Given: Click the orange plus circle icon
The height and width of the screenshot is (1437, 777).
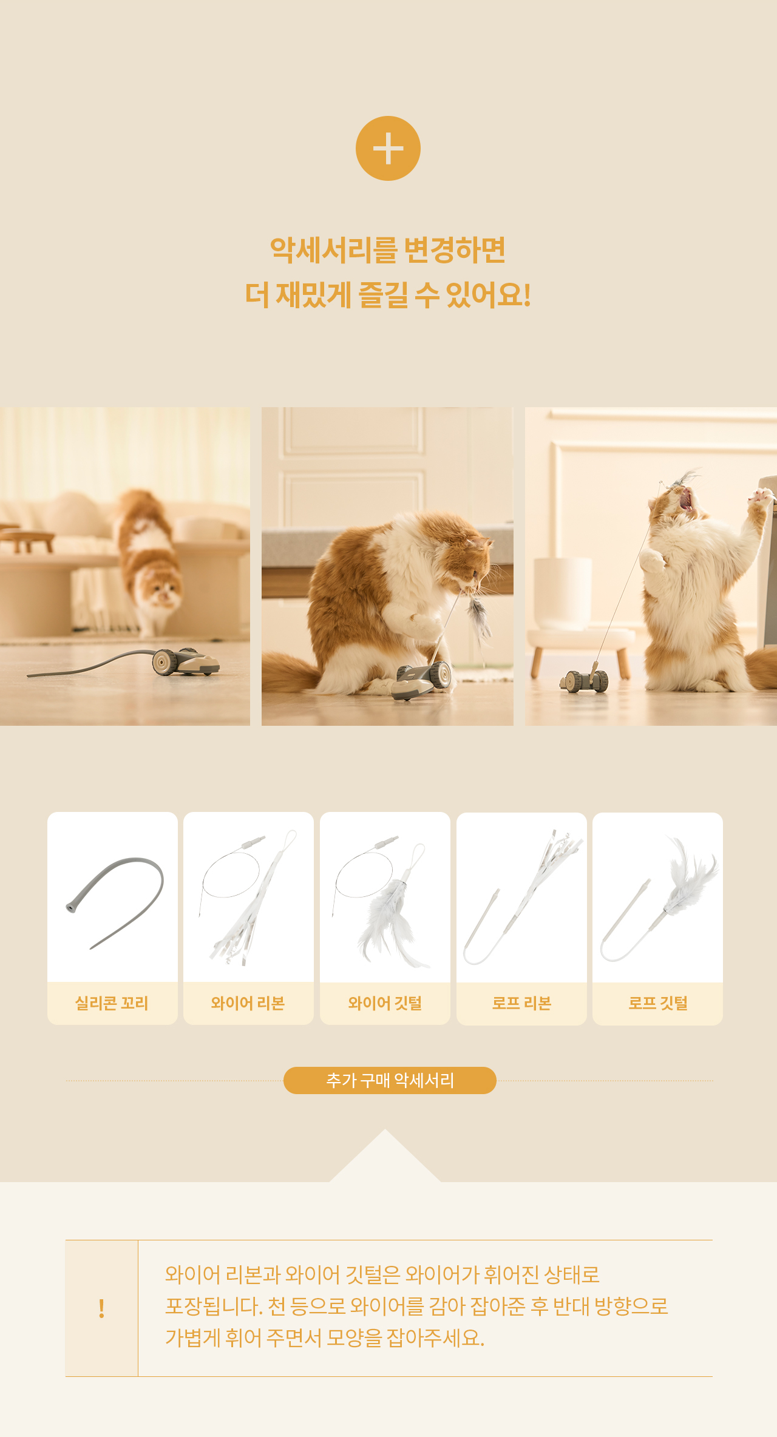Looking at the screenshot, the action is click(x=388, y=148).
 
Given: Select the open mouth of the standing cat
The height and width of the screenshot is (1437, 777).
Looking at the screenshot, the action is click(x=686, y=501).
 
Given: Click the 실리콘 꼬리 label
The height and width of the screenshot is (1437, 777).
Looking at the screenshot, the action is click(x=112, y=1003).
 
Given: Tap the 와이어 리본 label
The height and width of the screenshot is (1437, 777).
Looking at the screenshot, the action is click(x=248, y=1003).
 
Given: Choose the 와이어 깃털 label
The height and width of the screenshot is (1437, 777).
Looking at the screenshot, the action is click(x=385, y=1003).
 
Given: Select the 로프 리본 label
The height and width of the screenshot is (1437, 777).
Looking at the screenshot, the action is click(x=521, y=1003).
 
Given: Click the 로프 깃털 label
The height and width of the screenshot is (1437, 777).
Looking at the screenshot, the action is click(x=658, y=1003).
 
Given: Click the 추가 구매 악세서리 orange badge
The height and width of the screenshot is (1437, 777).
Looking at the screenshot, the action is click(x=390, y=1080).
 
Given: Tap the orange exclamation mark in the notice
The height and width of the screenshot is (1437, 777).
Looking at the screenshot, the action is click(x=101, y=1308).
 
